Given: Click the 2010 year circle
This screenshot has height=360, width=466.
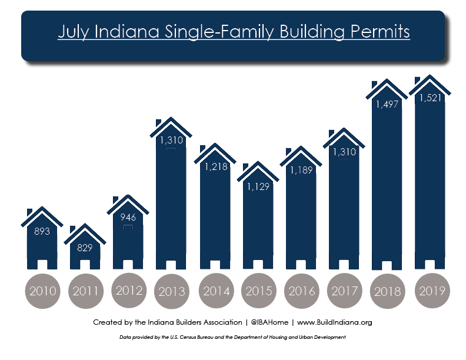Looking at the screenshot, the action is [x=42, y=291].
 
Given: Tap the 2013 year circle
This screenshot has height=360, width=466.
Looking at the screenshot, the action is [x=171, y=291].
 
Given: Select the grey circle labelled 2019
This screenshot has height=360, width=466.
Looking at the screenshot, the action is [x=432, y=291].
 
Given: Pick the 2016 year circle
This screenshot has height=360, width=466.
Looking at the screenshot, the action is [x=302, y=291].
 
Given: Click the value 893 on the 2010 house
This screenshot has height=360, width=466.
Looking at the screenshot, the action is [x=42, y=231].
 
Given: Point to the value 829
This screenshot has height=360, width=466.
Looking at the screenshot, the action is [x=85, y=248].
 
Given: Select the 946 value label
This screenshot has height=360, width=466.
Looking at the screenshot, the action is [x=128, y=217].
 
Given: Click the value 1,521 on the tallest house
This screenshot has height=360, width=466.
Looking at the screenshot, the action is [x=430, y=98].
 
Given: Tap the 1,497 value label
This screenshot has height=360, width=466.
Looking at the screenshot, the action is [x=387, y=104].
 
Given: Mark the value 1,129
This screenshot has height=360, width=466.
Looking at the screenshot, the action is [x=258, y=186].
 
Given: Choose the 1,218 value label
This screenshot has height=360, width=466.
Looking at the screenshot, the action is [x=216, y=166].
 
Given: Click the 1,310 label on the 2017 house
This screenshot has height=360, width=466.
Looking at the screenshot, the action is [x=344, y=152].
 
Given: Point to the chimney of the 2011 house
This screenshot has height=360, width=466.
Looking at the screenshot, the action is [x=72, y=229].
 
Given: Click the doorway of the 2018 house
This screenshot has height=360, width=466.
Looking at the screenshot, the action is [x=387, y=265].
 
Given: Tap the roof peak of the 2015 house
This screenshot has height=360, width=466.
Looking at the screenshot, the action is [x=258, y=162].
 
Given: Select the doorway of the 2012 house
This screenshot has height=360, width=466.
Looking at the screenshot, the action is [x=128, y=265].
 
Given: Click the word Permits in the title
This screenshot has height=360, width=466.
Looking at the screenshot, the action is [x=380, y=32].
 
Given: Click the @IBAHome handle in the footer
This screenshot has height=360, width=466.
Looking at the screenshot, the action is [x=269, y=322].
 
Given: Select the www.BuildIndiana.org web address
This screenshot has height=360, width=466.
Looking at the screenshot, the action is [x=335, y=322].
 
